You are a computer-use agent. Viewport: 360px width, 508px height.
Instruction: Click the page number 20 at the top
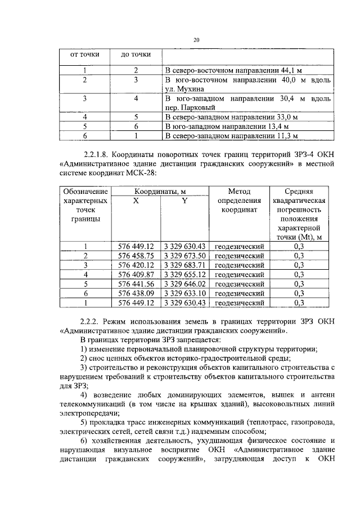coord(196,40)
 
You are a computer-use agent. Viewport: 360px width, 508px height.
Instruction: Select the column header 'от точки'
coord(84,55)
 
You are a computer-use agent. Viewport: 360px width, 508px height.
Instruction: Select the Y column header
coord(184,201)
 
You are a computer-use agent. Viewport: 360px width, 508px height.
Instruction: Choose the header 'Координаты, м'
coord(160,192)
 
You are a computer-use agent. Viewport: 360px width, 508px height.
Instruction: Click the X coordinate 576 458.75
coord(136,256)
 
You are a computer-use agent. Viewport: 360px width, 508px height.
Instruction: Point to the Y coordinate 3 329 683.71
coord(185,265)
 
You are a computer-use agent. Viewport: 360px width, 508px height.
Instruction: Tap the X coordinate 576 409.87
coord(136,275)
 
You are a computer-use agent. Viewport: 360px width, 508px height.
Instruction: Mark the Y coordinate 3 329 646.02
coord(185,284)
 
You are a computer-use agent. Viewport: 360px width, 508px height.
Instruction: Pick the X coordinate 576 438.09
coord(136,293)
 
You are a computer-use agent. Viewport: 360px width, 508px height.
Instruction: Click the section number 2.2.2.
coord(91,322)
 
